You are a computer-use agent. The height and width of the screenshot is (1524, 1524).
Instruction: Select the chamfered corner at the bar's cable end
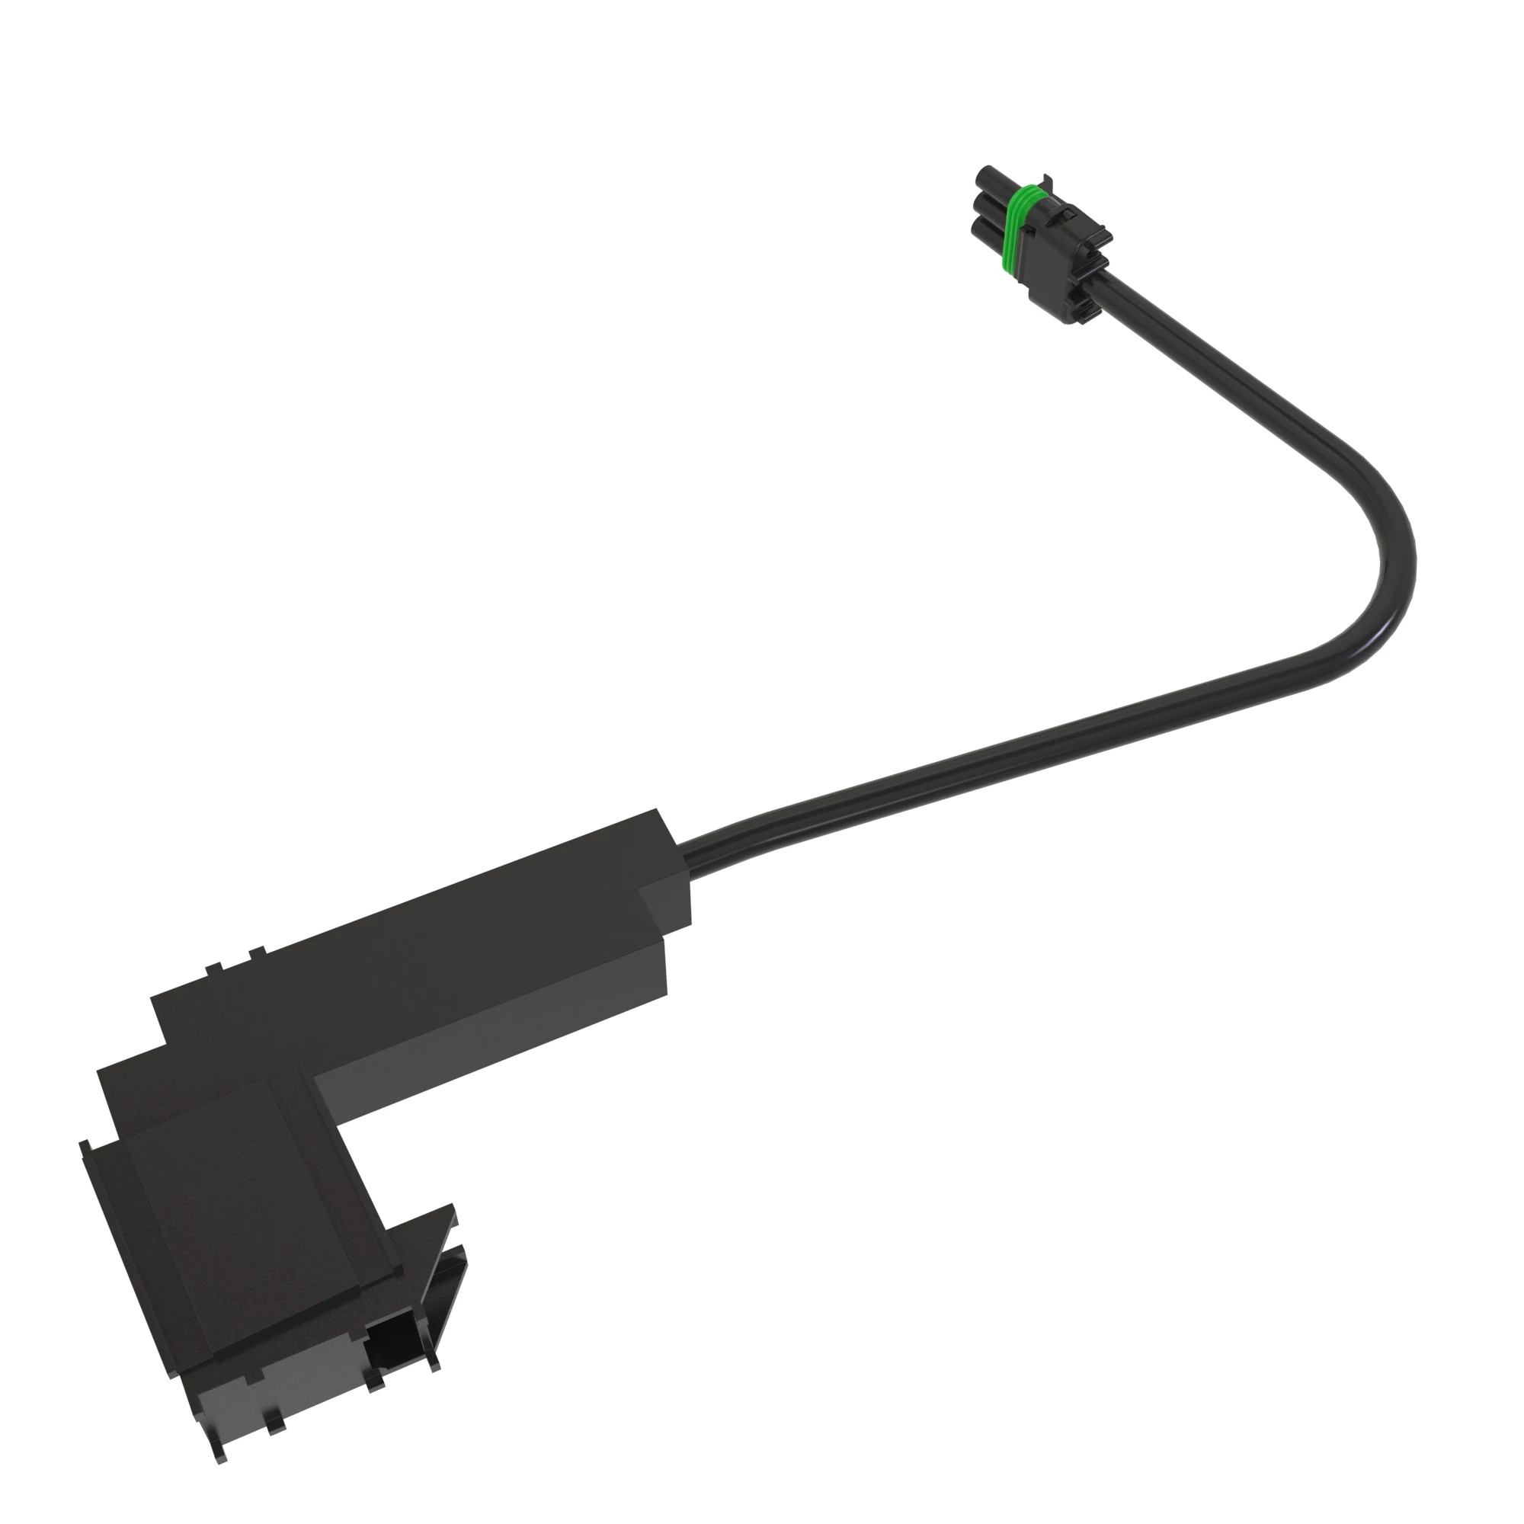(x=667, y=899)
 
